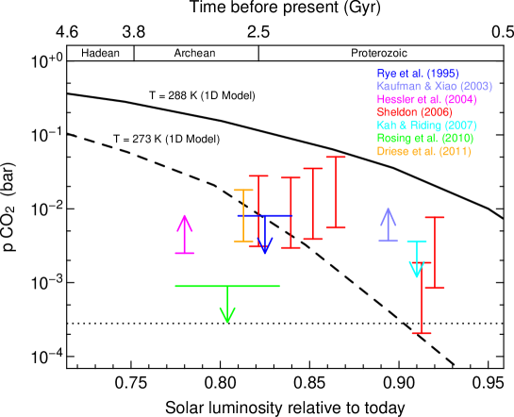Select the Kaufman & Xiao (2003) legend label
tap(434, 86)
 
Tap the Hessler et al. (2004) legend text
tap(426, 99)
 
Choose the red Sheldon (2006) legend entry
tap(414, 112)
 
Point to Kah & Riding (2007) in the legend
tap(426, 125)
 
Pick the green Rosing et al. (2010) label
tap(424, 139)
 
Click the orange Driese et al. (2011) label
tap(423, 152)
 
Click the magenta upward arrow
tap(184, 234)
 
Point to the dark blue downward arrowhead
tap(265, 246)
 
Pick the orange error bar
tap(243, 215)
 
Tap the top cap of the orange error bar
tap(243, 191)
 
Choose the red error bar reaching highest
tap(336, 192)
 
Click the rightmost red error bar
tap(434, 252)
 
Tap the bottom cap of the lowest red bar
tap(422, 333)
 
